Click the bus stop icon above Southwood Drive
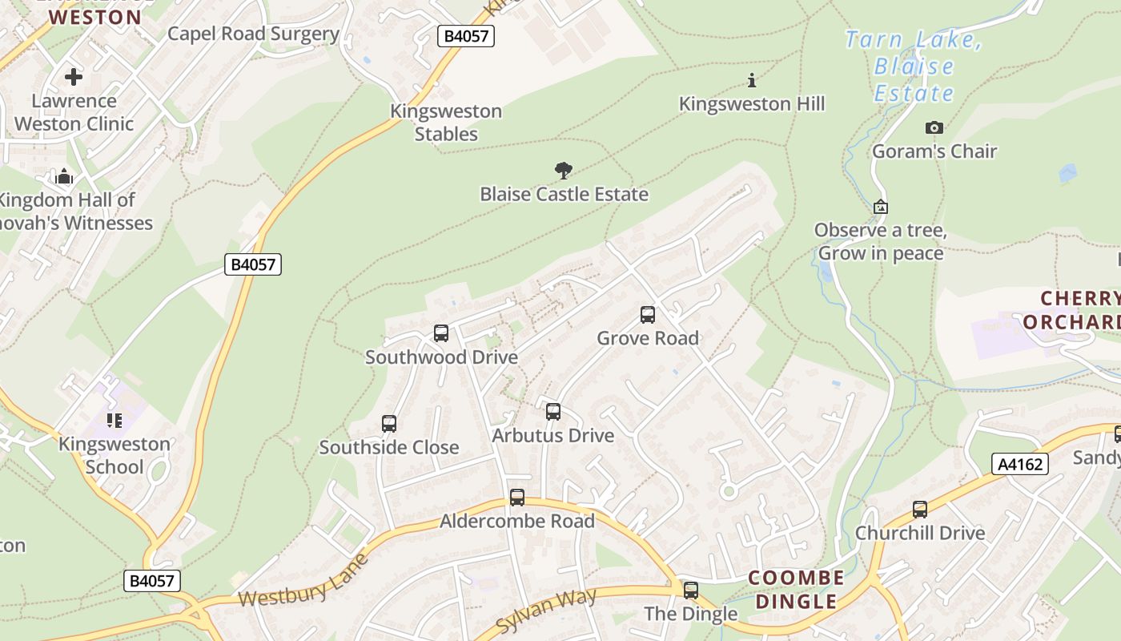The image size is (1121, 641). [440, 333]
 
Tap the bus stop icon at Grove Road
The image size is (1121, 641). [648, 315]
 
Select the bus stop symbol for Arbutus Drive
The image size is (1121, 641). [552, 413]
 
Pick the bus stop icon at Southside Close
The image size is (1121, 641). [389, 424]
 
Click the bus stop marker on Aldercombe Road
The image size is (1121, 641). [517, 498]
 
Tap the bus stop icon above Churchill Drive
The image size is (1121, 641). [920, 510]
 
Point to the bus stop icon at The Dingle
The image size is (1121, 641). [690, 591]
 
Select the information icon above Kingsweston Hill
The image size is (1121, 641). [751, 80]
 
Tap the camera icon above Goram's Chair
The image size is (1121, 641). [934, 128]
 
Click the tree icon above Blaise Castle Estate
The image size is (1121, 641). [564, 170]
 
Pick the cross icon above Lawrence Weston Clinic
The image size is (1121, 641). [74, 77]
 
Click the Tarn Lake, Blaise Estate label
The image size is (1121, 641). [914, 67]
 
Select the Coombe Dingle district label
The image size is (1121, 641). [796, 590]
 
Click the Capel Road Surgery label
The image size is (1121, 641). [253, 34]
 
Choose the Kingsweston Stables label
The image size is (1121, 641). [446, 123]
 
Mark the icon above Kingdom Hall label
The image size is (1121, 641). [65, 176]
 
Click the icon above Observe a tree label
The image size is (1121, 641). [880, 207]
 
